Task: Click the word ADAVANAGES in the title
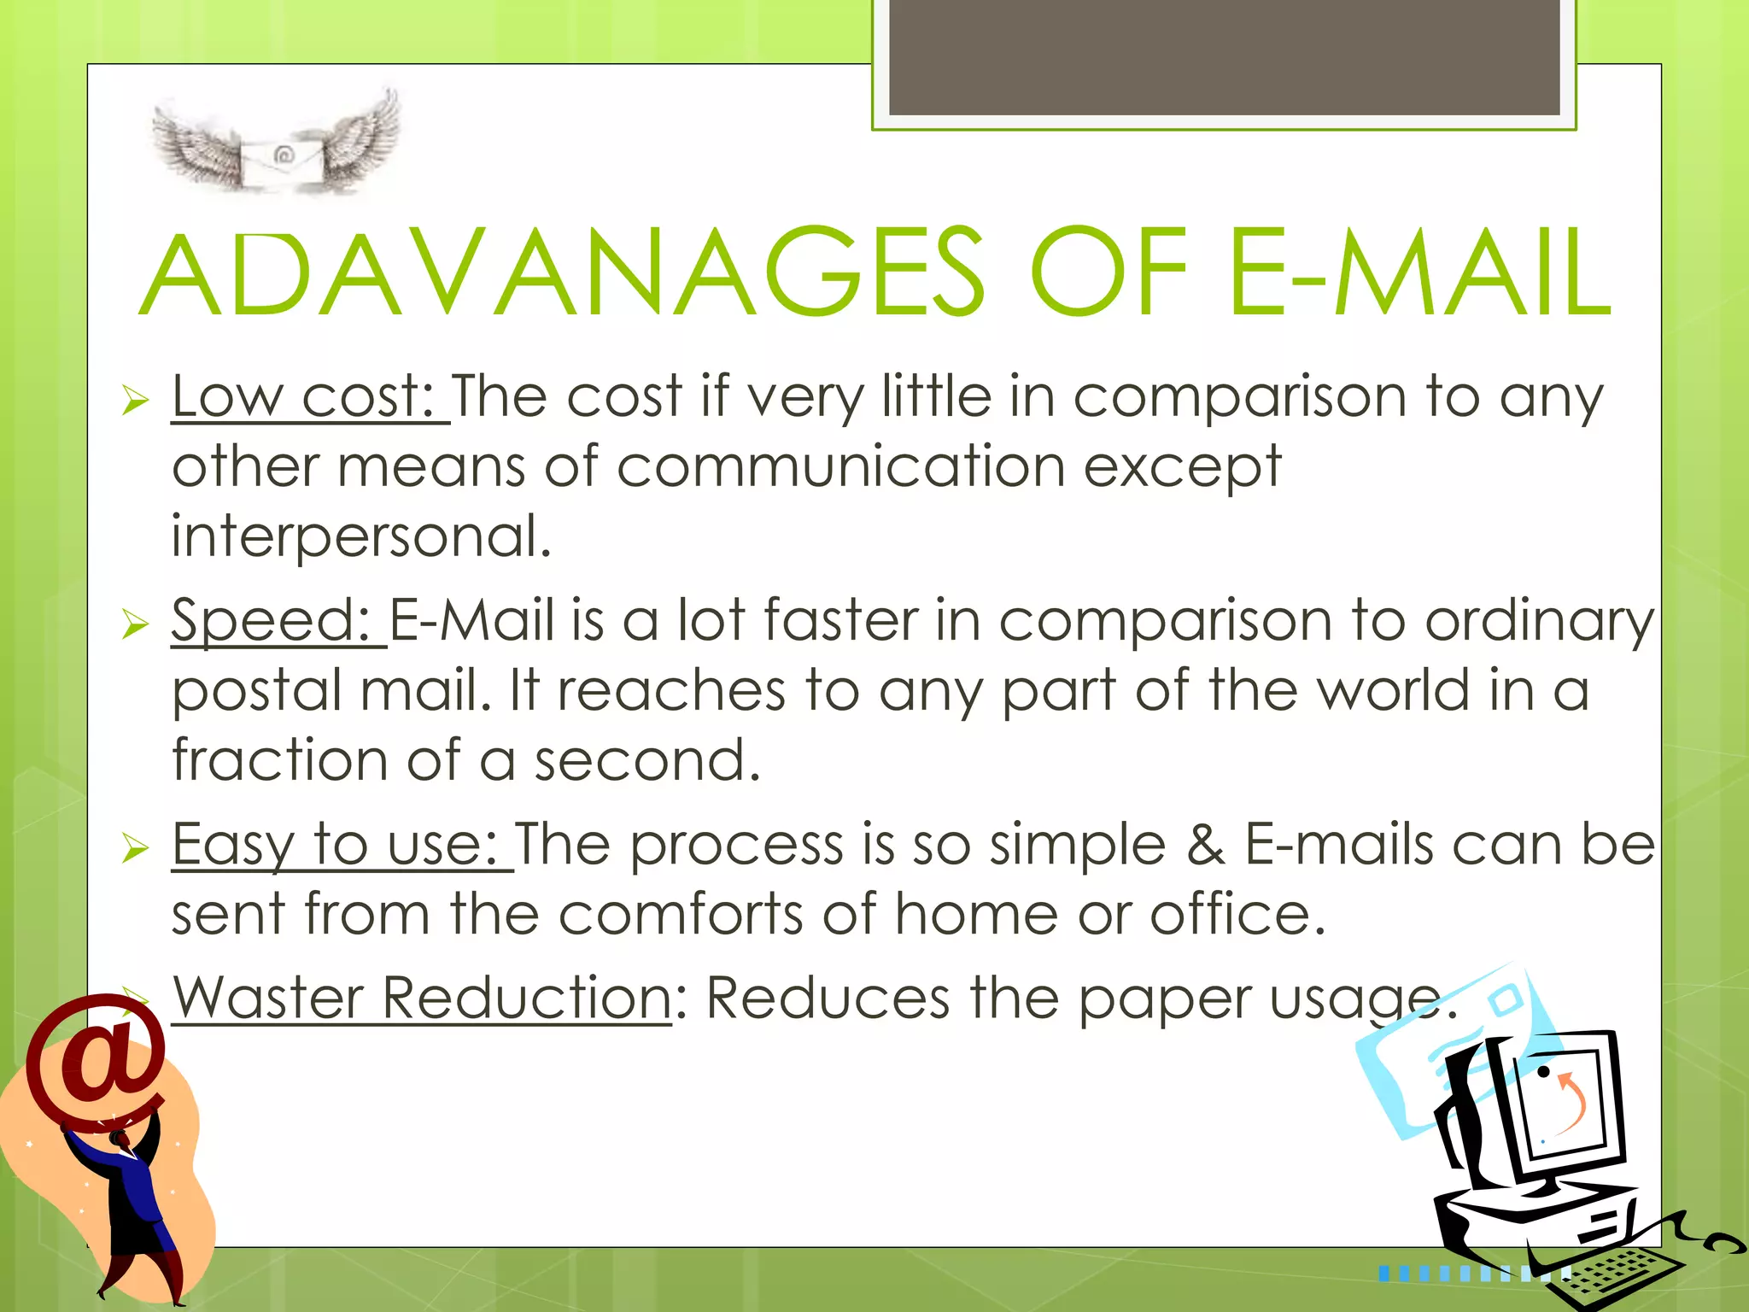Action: pyautogui.click(x=564, y=273)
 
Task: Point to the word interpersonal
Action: pyautogui.click(x=361, y=537)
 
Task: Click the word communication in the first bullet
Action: pyautogui.click(x=841, y=467)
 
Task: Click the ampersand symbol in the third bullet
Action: pyautogui.click(x=1205, y=845)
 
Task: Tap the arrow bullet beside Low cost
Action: pyautogui.click(x=135, y=400)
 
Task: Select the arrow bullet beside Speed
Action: pyautogui.click(x=135, y=624)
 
